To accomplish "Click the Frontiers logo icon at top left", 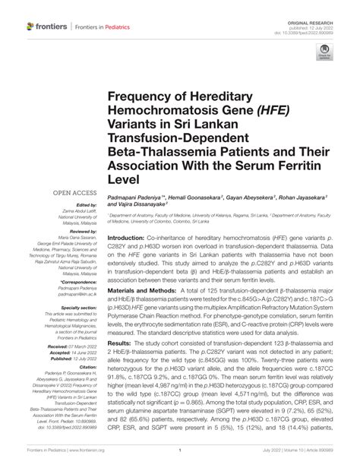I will click(32, 27).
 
